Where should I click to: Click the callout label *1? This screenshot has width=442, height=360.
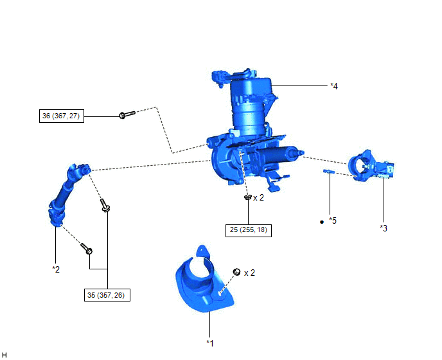pyautogui.click(x=210, y=343)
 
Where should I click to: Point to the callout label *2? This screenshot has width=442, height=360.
pyautogui.click(x=56, y=269)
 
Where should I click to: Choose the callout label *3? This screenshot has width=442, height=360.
pyautogui.click(x=384, y=228)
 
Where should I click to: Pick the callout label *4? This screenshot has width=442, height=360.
pyautogui.click(x=334, y=86)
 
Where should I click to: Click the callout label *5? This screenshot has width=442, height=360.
pyautogui.click(x=333, y=221)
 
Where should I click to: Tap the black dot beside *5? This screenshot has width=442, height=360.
pyautogui.click(x=322, y=222)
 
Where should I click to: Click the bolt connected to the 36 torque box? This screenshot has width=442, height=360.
pyautogui.click(x=127, y=114)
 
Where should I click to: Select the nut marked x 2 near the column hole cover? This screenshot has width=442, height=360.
pyautogui.click(x=236, y=272)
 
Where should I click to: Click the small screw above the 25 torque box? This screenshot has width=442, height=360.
pyautogui.click(x=248, y=197)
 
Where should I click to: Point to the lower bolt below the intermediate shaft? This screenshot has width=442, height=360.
pyautogui.click(x=87, y=248)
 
